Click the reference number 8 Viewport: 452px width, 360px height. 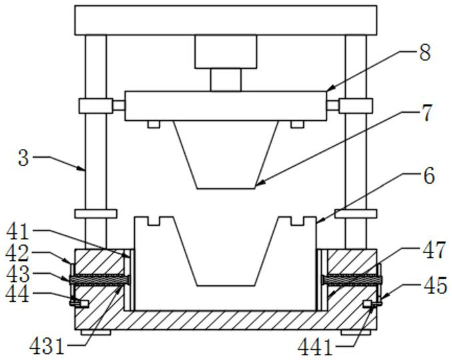click(425, 52)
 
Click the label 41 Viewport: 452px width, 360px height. click(19, 233)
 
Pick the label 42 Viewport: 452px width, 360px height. click(19, 254)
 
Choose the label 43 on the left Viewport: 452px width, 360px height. click(19, 274)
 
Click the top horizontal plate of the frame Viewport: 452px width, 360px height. click(226, 19)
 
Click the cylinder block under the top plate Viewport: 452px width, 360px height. click(226, 52)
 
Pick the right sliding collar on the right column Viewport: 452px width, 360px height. click(355, 106)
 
